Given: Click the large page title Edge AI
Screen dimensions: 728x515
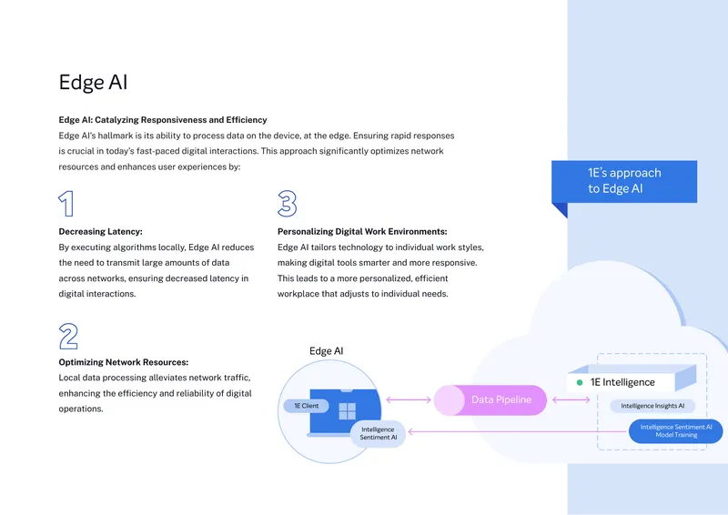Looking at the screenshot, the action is [93, 82].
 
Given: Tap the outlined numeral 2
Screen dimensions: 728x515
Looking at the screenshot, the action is [68, 337].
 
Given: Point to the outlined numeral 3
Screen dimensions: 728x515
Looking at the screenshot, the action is [287, 204].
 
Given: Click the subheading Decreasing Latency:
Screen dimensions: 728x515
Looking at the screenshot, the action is [100, 231].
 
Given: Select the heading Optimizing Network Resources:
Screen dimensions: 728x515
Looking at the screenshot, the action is [124, 362].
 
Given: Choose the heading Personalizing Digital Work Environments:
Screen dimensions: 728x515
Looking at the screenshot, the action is [362, 231].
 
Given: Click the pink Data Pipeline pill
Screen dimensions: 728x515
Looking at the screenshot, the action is [490, 399].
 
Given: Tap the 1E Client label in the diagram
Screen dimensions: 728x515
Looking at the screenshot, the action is [307, 406].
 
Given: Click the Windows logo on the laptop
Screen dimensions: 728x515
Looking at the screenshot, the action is [348, 411].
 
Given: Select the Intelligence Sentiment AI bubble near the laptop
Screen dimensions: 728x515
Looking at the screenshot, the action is [378, 434].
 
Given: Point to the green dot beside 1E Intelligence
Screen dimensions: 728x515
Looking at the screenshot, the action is [580, 383].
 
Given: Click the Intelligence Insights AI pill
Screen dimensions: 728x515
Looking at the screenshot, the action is [652, 406].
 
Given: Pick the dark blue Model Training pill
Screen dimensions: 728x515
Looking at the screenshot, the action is [675, 431].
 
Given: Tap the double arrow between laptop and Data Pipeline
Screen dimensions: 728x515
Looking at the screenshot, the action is [409, 399].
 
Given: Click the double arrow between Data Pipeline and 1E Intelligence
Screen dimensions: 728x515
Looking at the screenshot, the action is [571, 399].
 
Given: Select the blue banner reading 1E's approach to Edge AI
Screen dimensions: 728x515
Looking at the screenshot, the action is [624, 182].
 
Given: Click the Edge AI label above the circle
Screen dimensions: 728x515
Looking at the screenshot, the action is [327, 351].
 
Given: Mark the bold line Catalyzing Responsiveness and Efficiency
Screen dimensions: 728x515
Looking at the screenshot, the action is [181, 120].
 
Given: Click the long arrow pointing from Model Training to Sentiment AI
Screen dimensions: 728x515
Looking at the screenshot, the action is [517, 431].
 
